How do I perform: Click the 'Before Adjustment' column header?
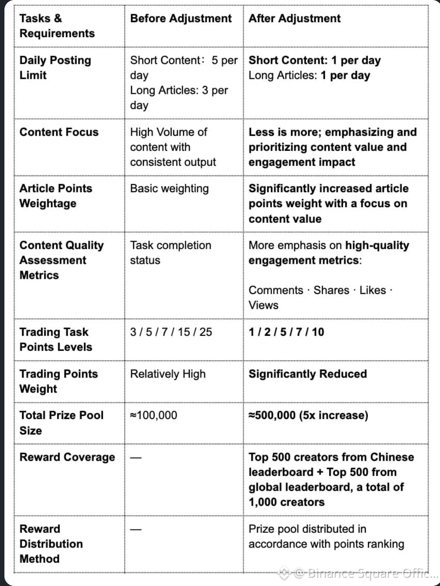click(180, 19)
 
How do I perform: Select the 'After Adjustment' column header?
click(295, 19)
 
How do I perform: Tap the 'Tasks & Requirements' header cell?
click(57, 26)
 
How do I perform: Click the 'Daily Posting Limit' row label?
click(55, 67)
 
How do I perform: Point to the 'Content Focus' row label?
click(59, 132)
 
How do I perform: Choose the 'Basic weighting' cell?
click(169, 189)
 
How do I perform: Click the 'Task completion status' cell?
click(170, 253)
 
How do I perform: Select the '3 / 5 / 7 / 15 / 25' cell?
click(171, 332)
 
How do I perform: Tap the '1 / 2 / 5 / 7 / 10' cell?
click(286, 332)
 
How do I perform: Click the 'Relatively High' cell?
click(168, 374)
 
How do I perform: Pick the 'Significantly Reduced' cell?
click(308, 374)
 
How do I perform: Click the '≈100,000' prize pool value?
click(153, 415)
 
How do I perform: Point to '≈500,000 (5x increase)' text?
click(308, 415)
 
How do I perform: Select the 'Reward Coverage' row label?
click(67, 457)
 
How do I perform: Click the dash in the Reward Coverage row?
click(136, 458)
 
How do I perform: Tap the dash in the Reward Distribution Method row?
click(136, 529)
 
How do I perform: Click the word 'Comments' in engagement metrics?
click(276, 290)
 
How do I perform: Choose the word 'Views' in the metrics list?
click(264, 305)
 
